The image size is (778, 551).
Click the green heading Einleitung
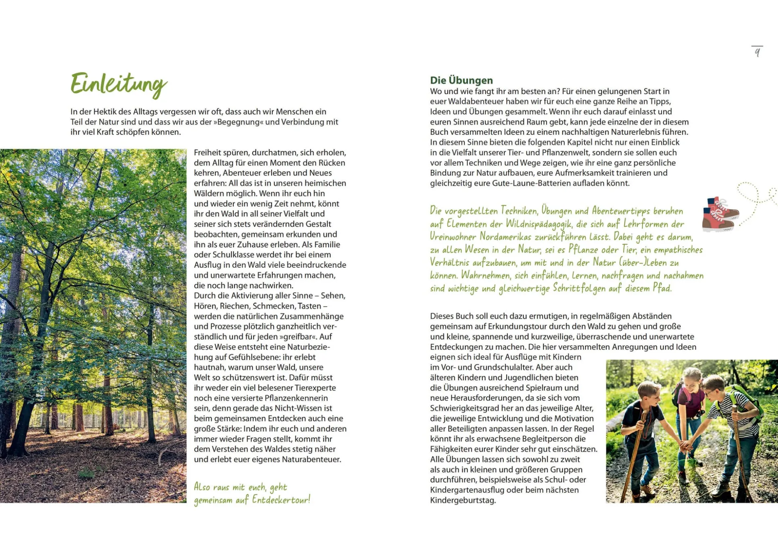pyautogui.click(x=119, y=84)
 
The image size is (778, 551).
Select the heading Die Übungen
pyautogui.click(x=461, y=80)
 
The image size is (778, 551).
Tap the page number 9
pyautogui.click(x=757, y=52)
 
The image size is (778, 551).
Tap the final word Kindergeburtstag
pyautogui.click(x=463, y=500)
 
